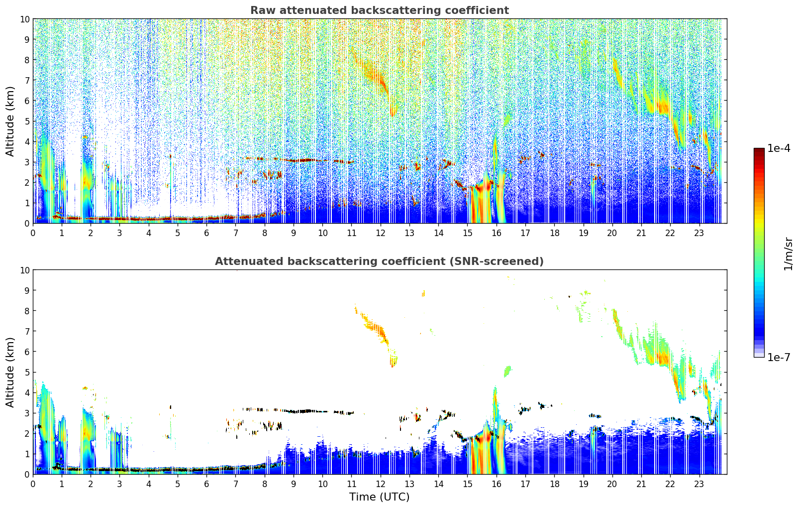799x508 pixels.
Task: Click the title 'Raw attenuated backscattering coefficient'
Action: [x=379, y=10]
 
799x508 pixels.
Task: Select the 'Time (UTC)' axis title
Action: [x=379, y=497]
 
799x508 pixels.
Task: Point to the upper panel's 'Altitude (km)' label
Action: [x=10, y=121]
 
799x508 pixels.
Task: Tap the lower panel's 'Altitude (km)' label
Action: [x=10, y=372]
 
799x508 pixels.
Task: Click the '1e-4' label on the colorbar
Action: [x=779, y=148]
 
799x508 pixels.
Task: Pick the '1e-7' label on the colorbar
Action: [x=779, y=357]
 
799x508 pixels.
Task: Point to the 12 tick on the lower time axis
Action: [x=381, y=484]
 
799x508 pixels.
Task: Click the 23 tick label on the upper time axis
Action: [x=699, y=233]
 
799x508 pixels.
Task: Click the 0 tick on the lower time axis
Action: [x=33, y=484]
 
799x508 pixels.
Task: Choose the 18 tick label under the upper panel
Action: [x=554, y=233]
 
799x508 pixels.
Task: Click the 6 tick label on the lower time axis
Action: [x=207, y=484]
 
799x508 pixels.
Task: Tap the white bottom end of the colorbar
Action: [x=759, y=355]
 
